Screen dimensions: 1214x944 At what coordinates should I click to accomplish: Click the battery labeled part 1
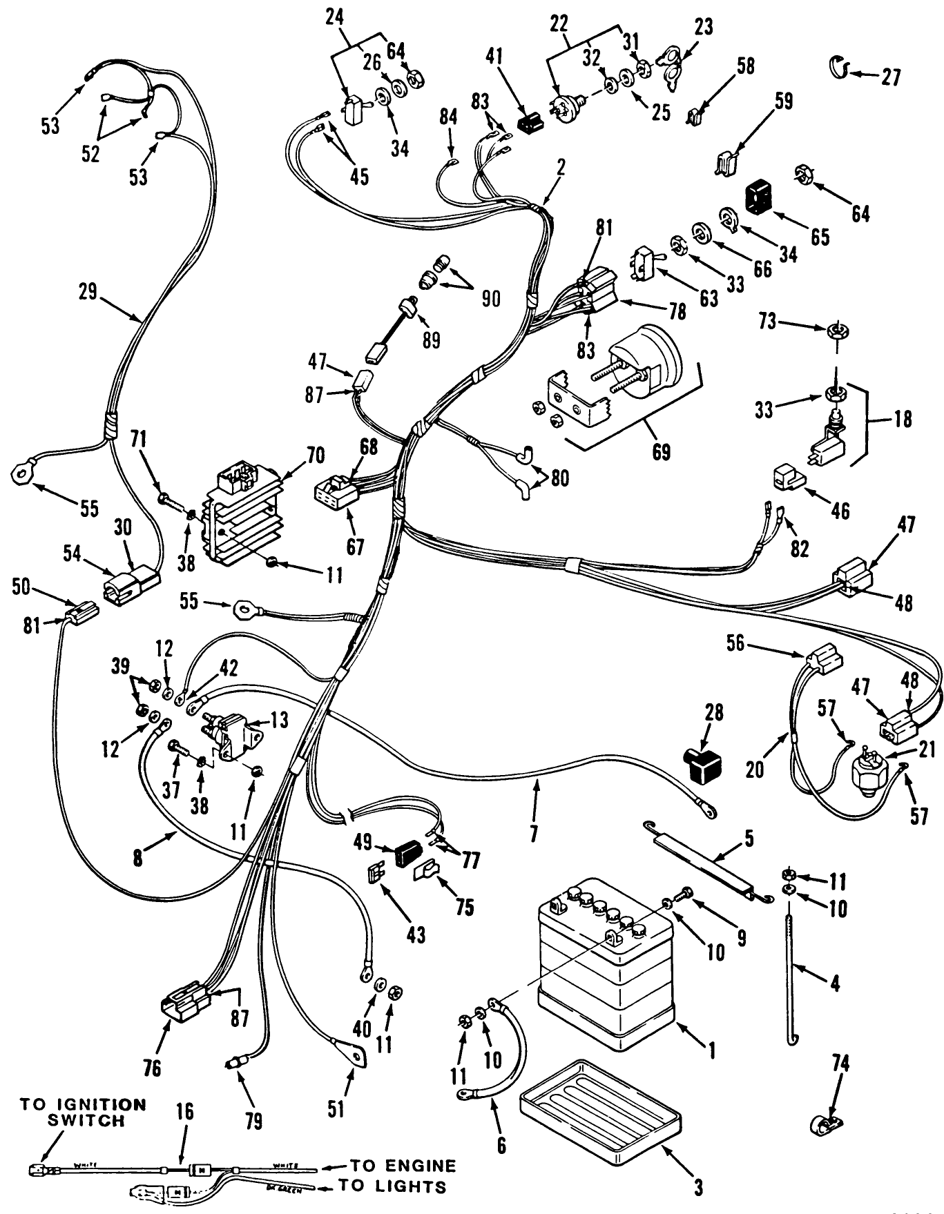pyautogui.click(x=604, y=966)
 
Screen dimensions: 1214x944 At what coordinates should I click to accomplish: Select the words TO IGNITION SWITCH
pyautogui.click(x=83, y=1113)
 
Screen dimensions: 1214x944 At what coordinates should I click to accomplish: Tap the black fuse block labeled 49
pyautogui.click(x=407, y=854)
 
